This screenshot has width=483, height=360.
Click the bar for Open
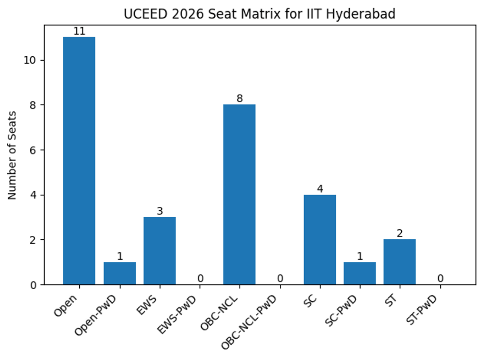[x=79, y=161]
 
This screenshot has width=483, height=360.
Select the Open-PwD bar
[x=120, y=274]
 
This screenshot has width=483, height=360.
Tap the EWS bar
[x=159, y=251]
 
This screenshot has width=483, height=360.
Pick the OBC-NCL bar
[x=239, y=195]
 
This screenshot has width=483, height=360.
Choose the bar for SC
[x=320, y=240]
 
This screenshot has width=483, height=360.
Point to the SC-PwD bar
[x=359, y=274]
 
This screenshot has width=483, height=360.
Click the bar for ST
[x=399, y=262]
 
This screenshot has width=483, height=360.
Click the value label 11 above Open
[x=79, y=31]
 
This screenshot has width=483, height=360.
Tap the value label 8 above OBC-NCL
[x=239, y=99]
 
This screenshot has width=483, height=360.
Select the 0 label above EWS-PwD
[x=200, y=278]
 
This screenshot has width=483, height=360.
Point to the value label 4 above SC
[x=320, y=189]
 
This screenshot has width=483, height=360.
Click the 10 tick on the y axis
[x=31, y=60]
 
